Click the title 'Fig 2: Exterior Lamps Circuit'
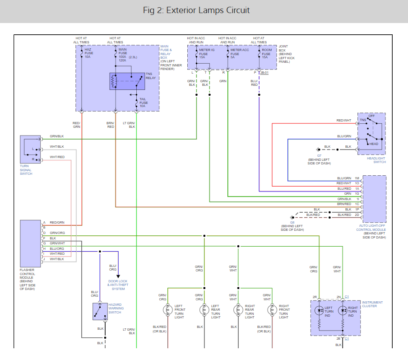point(196,10)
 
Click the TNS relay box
point(127,81)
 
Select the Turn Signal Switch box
point(30,149)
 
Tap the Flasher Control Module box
point(30,243)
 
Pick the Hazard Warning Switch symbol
point(100,312)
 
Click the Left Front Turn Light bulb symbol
point(168,310)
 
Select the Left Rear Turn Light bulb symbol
point(204,310)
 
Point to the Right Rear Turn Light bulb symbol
point(238,310)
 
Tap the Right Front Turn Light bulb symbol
point(272,310)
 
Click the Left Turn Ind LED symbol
point(319,310)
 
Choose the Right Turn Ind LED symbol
point(343,310)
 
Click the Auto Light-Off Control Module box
point(375,199)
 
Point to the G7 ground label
point(319,155)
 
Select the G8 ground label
point(292,223)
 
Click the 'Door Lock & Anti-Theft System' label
point(118,285)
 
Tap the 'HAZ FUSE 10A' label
point(89,53)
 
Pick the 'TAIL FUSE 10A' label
point(144,103)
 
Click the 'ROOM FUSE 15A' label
point(267,53)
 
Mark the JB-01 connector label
point(264,73)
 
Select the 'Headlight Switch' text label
point(376,160)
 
